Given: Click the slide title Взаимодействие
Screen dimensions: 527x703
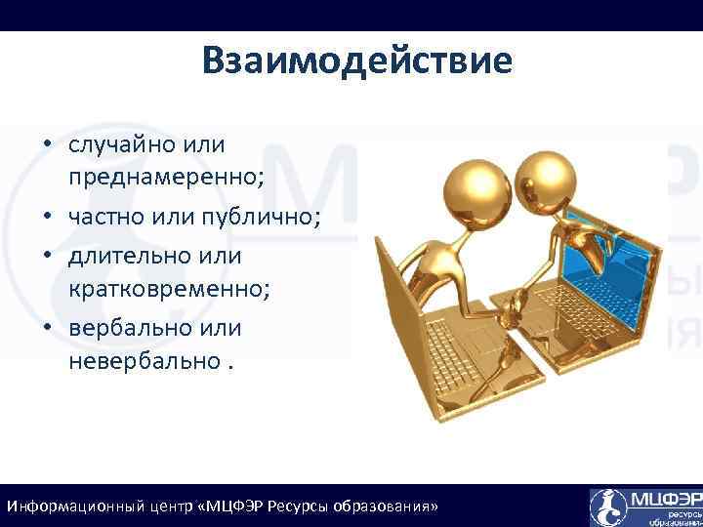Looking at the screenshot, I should [357, 61].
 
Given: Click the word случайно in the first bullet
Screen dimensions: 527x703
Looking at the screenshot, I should [118, 145].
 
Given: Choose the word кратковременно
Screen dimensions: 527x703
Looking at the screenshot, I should [168, 290].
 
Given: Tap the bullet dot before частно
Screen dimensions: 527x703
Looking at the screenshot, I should [47, 218].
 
